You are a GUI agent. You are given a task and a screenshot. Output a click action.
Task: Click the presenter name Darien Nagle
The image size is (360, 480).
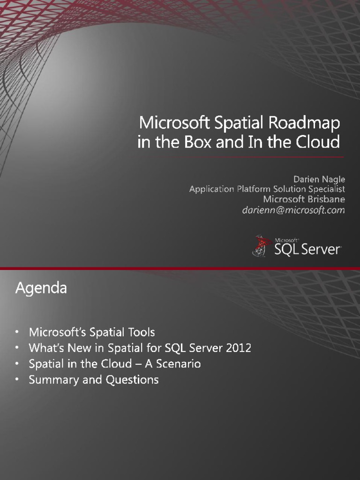click(319, 179)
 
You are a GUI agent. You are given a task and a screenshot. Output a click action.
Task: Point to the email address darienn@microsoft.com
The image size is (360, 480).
click(293, 210)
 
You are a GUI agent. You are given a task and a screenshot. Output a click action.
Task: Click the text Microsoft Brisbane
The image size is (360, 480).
click(304, 200)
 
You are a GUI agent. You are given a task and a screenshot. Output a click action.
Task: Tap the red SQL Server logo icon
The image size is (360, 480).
click(260, 246)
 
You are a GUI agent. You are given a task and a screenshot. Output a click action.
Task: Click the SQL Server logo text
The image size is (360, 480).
click(307, 249)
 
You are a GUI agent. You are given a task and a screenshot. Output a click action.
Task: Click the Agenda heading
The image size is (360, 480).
click(41, 288)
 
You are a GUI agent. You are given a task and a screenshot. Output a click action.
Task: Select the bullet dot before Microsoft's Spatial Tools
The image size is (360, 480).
click(17, 332)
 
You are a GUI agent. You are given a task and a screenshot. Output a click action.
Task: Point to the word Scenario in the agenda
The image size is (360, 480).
click(180, 364)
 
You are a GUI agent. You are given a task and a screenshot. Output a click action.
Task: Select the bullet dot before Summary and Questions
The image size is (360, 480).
click(17, 380)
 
